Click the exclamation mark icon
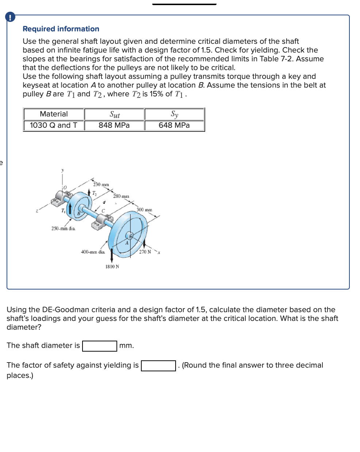click(10, 17)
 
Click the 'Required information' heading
click(61, 29)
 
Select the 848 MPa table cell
click(114, 125)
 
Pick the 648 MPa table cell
click(174, 125)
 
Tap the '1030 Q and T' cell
click(54, 125)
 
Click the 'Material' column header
click(54, 114)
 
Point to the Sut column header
click(114, 114)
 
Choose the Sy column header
click(174, 114)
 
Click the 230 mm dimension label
click(101, 184)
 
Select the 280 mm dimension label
click(121, 196)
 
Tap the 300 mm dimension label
click(144, 210)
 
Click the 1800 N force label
click(112, 267)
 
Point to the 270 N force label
click(145, 252)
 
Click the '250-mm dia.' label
click(63, 229)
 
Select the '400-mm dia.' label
click(93, 252)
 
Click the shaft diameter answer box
click(100, 346)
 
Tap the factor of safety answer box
click(158, 365)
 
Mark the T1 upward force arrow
click(69, 211)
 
